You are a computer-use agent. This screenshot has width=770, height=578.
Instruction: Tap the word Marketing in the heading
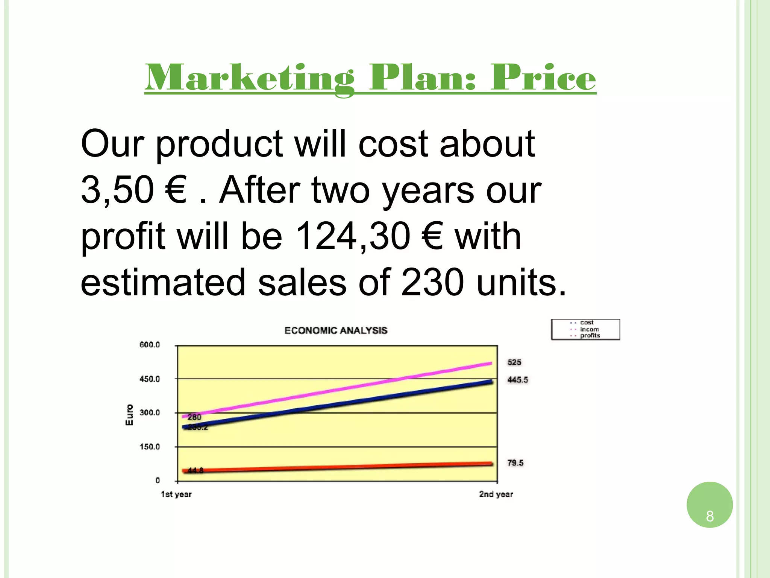point(249,78)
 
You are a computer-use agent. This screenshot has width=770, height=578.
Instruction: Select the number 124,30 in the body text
point(353,236)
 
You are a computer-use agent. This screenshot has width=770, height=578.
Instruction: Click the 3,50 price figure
point(117,190)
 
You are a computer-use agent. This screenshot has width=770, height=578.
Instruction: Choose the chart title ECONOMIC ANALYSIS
point(336,330)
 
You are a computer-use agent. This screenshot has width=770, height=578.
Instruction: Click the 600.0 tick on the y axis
point(150,345)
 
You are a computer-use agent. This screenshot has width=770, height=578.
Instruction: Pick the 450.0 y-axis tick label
point(150,379)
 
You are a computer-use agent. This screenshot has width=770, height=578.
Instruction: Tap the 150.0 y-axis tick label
point(150,447)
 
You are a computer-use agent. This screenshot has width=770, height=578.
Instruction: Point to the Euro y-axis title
point(129,415)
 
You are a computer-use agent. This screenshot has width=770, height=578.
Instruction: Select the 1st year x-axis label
point(176,494)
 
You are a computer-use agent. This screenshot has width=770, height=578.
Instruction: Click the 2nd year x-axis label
point(496,494)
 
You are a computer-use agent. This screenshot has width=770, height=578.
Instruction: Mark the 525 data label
point(514,362)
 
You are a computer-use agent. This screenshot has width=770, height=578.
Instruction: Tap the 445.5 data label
point(518,380)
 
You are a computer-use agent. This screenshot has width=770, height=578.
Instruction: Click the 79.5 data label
point(515,463)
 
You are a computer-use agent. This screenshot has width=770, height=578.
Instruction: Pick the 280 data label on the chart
point(194,417)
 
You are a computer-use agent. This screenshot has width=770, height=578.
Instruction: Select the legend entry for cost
point(587,322)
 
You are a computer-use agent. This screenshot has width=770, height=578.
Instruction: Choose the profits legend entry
point(590,335)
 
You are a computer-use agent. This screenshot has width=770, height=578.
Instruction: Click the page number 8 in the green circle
point(710,516)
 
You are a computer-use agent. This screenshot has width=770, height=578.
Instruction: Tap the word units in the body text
point(521,283)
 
